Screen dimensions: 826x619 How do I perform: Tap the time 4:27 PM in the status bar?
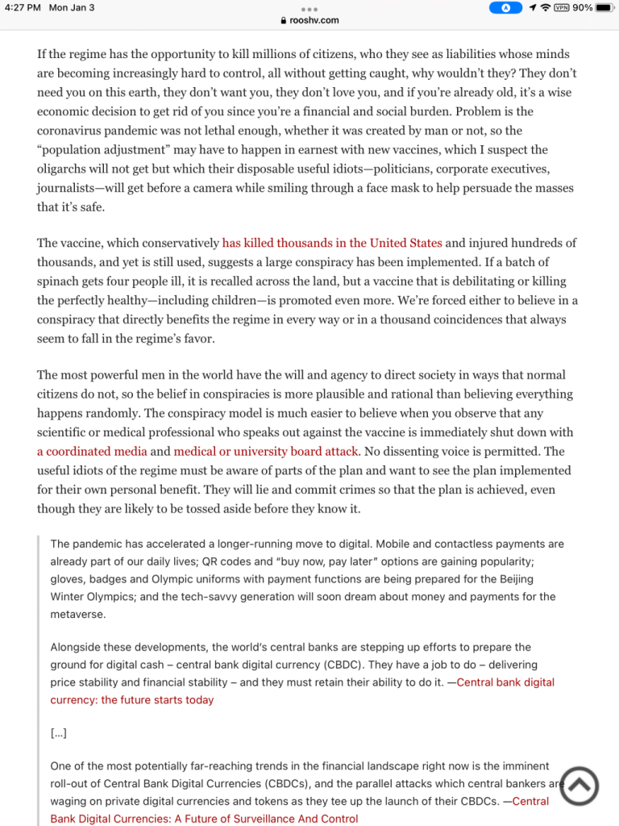22,8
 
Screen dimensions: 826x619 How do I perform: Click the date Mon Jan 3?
72,8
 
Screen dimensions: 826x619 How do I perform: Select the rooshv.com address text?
314,20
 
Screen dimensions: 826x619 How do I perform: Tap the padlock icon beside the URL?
283,20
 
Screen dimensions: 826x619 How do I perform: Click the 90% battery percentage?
583,8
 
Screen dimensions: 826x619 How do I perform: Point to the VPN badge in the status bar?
561,8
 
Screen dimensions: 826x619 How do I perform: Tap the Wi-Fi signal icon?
546,8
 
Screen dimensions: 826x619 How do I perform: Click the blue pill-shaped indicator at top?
506,8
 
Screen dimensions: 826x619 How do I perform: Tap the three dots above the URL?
309,9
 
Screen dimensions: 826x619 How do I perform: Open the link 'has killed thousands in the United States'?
332,243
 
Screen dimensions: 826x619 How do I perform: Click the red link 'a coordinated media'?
92,452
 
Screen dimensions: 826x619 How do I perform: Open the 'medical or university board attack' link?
266,452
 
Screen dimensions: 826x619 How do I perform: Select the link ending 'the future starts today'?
133,699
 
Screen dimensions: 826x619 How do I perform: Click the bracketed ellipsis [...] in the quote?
58,733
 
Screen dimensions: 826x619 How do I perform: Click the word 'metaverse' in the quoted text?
77,614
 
